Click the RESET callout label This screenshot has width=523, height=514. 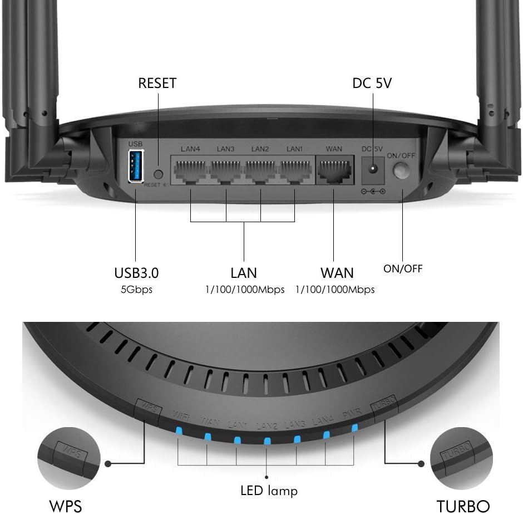[x=157, y=84]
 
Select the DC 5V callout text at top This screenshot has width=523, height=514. [x=372, y=84]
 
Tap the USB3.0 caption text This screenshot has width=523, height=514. [x=136, y=273]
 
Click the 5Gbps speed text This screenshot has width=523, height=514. [x=136, y=290]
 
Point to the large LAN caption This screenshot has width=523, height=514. [x=244, y=273]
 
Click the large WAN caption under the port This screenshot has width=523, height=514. [x=337, y=273]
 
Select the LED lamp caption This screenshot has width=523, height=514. [x=269, y=491]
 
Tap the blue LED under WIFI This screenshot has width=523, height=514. [x=179, y=430]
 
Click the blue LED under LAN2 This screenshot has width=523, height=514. [x=267, y=442]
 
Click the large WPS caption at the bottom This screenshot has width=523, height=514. [x=65, y=506]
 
